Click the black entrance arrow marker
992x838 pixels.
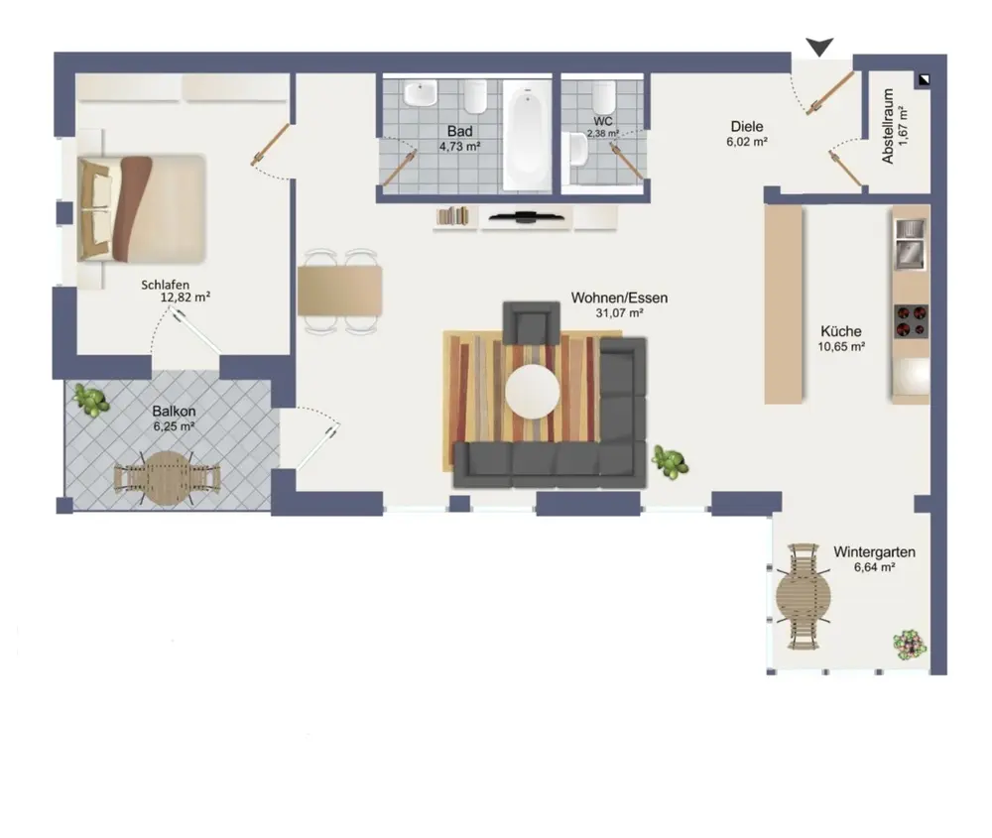[x=819, y=47]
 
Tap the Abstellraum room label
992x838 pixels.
[x=888, y=127]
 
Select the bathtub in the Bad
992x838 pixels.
[x=527, y=135]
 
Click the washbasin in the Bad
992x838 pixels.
[x=421, y=93]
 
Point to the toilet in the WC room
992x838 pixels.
[x=603, y=96]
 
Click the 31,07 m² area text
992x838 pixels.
[x=619, y=312]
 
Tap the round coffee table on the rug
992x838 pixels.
[x=533, y=392]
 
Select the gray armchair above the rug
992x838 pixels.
[x=532, y=323]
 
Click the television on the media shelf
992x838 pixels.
[x=527, y=217]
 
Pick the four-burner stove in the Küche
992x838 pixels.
[x=911, y=321]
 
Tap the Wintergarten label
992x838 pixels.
[x=874, y=551]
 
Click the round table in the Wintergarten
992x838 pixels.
[x=804, y=596]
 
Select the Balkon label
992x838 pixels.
[x=174, y=412]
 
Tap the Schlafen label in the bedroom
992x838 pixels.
[x=165, y=286]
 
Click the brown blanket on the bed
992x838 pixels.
[x=132, y=208]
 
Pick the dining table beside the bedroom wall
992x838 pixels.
[x=339, y=291]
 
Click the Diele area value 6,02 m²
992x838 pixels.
[x=747, y=142]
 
